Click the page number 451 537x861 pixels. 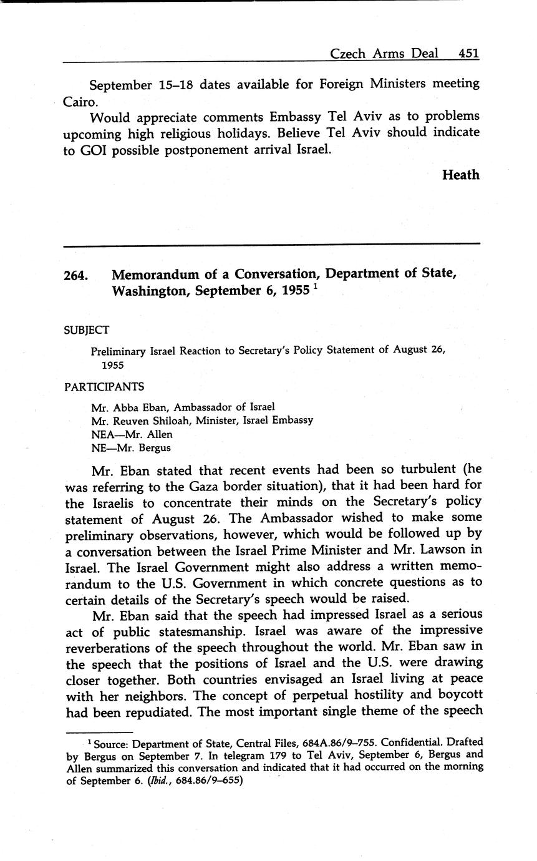tap(468, 53)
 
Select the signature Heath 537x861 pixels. tap(460, 175)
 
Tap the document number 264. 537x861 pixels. tap(76, 275)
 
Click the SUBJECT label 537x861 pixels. tap(87, 331)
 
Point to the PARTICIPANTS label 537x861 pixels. tap(104, 387)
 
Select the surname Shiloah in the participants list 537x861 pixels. tap(171, 421)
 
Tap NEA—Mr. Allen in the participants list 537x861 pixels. tap(132, 434)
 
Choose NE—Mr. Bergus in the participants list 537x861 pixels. tap(130, 447)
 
